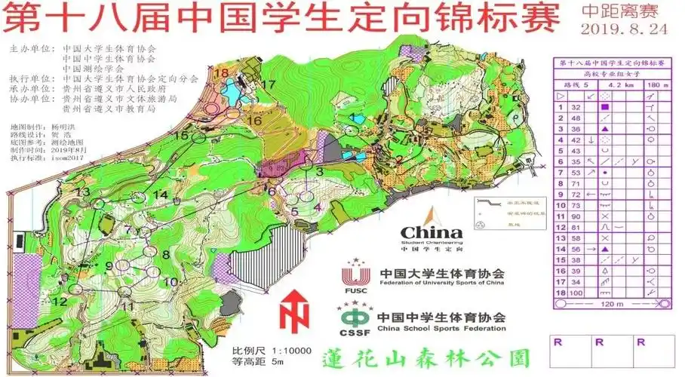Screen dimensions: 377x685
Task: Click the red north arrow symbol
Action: pyautogui.click(x=295, y=311)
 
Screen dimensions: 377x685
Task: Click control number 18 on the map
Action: pyautogui.click(x=221, y=72)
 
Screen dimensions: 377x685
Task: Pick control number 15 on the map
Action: pyautogui.click(x=180, y=135)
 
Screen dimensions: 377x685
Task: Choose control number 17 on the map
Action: pyautogui.click(x=268, y=84)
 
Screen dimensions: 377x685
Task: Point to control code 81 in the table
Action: pyautogui.click(x=576, y=226)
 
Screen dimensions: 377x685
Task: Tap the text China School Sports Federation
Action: pyautogui.click(x=442, y=329)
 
